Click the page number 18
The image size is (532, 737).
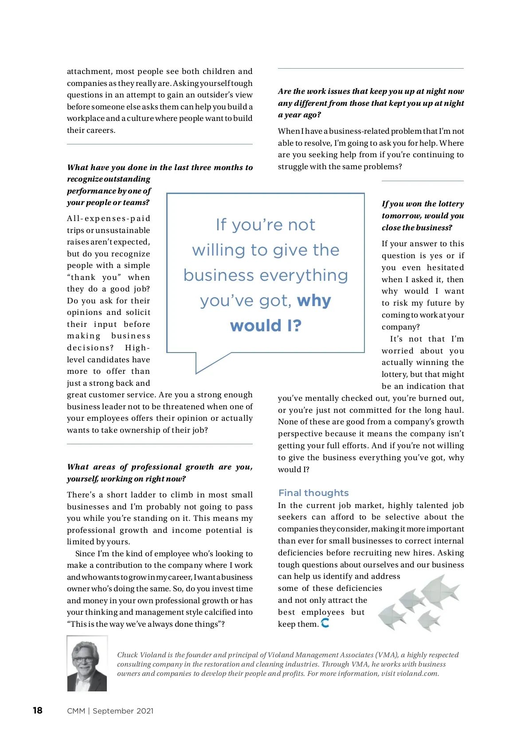tap(38, 710)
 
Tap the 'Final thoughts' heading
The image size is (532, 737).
tap(313, 493)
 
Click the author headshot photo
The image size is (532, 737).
tap(87, 663)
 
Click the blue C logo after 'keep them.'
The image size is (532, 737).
tap(325, 623)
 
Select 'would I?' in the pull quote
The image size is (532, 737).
tap(266, 326)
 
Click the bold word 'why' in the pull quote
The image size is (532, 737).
tap(314, 301)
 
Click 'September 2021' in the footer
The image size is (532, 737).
tap(123, 711)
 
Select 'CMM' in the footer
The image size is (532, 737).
tap(76, 711)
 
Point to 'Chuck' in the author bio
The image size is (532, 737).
tap(127, 655)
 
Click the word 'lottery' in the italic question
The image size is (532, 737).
tap(451, 204)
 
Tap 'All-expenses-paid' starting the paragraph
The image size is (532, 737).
tap(109, 218)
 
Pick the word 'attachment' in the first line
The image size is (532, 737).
tap(89, 71)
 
